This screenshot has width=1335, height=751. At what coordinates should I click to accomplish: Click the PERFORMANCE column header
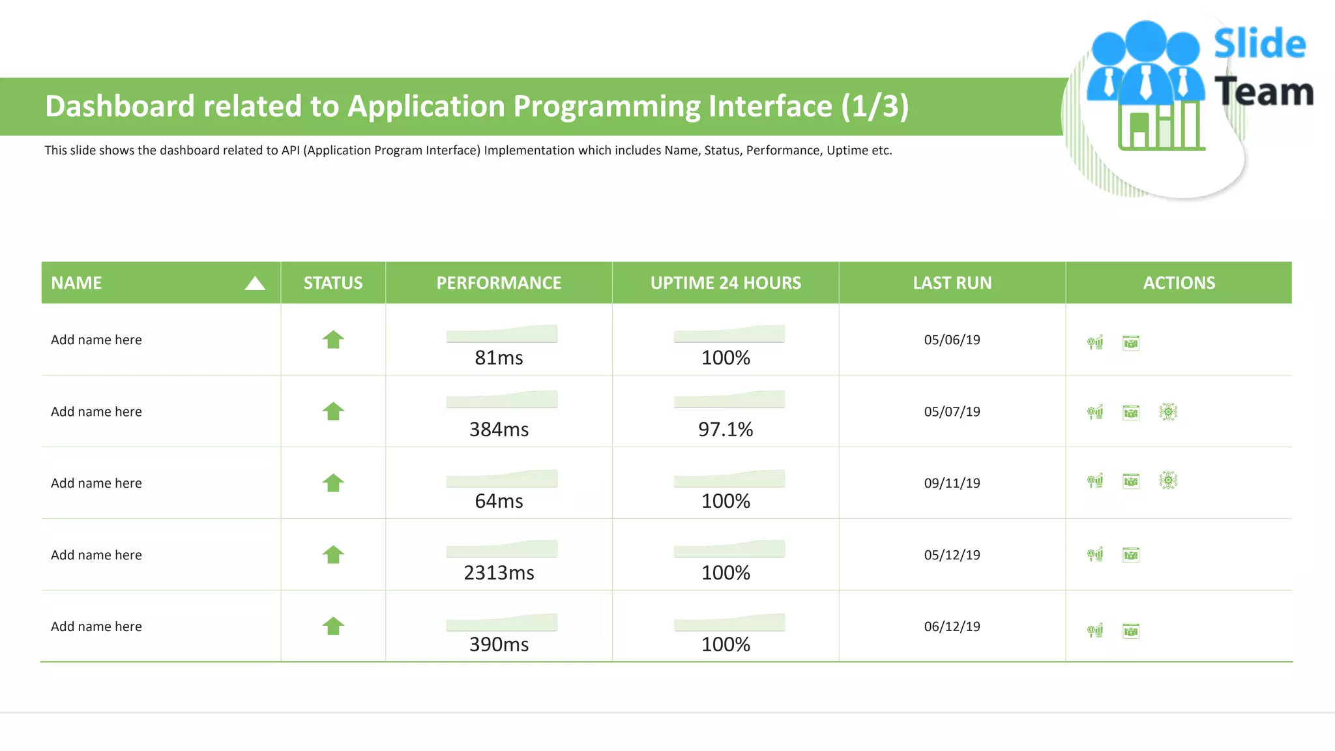pyautogui.click(x=499, y=283)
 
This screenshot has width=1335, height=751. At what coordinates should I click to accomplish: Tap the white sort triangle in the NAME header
pyautogui.click(x=255, y=284)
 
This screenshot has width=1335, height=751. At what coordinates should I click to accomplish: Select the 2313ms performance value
pyautogui.click(x=499, y=572)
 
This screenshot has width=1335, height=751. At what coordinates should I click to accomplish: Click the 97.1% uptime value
pyautogui.click(x=726, y=429)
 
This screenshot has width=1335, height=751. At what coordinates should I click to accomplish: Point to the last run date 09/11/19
pyautogui.click(x=952, y=483)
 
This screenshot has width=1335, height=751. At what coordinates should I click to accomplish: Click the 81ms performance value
pyautogui.click(x=499, y=357)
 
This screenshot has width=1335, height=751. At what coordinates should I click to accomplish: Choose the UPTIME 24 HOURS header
pyautogui.click(x=726, y=283)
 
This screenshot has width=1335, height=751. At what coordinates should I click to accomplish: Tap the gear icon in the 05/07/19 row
pyautogui.click(x=1168, y=411)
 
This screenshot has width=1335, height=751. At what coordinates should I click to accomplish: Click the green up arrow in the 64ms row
pyautogui.click(x=333, y=483)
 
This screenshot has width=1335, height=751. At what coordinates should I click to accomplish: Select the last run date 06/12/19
pyautogui.click(x=952, y=626)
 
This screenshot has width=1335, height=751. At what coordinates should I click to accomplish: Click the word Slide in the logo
pyautogui.click(x=1259, y=44)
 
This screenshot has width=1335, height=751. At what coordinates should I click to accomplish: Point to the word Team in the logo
pyautogui.click(x=1263, y=92)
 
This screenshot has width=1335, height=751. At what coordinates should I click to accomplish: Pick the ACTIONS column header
pyautogui.click(x=1179, y=283)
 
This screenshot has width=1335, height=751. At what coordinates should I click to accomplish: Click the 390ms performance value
pyautogui.click(x=499, y=644)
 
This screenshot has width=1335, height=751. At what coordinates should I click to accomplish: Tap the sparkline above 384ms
pyautogui.click(x=501, y=400)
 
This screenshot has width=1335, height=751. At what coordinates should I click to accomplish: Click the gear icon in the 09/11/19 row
pyautogui.click(x=1168, y=481)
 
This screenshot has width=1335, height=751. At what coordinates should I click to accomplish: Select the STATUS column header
pyautogui.click(x=333, y=283)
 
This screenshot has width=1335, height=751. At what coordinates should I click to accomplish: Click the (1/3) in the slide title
pyautogui.click(x=874, y=106)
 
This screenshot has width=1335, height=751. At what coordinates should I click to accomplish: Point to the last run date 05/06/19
pyautogui.click(x=952, y=340)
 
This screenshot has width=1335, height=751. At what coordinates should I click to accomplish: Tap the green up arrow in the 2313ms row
pyautogui.click(x=333, y=555)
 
